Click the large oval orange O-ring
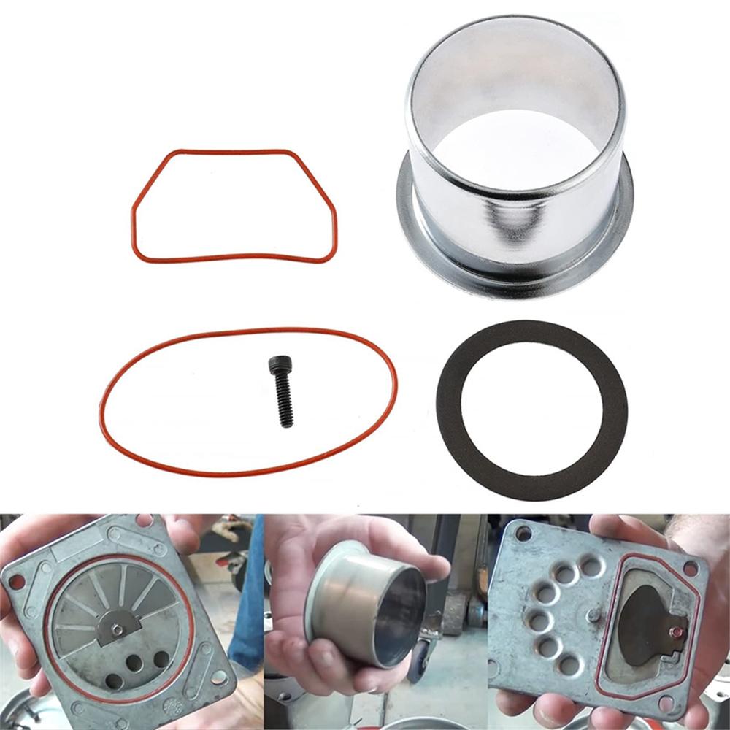point(102,409)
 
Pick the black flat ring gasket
point(449,409)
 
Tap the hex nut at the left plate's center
point(117,629)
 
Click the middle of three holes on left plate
point(134,663)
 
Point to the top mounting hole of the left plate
point(144,520)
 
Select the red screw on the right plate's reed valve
point(677,632)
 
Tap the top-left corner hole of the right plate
point(523,533)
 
